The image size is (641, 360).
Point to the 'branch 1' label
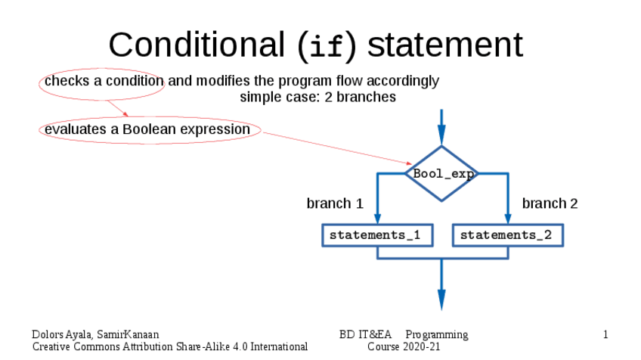coord(335,203)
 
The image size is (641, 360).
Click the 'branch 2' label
coord(550,203)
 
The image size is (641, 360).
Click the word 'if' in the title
coord(327,46)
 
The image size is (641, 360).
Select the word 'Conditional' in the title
coord(197,45)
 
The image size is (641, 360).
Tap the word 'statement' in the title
coord(445,45)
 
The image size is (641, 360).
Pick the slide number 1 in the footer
coord(605,334)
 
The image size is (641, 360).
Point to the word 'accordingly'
coord(403,82)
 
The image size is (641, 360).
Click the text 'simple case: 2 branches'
coord(317,97)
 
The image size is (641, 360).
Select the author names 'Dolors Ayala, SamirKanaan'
coord(95,334)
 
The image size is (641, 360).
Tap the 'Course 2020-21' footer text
coord(404,347)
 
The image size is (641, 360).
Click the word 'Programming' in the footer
coord(437,335)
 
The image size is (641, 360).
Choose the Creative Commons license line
coord(169,347)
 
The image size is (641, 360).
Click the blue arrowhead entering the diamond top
coord(441,135)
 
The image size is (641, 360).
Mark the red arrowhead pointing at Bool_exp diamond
coord(409,163)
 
